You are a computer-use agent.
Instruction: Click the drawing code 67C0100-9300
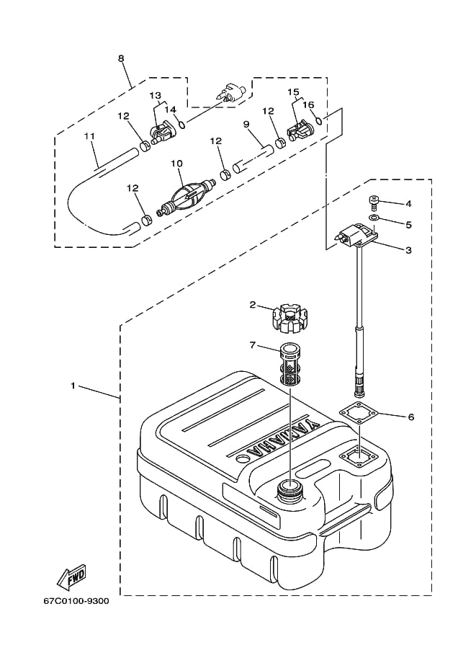point(76,602)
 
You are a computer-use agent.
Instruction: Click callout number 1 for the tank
point(93,386)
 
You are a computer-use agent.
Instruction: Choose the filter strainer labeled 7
point(289,366)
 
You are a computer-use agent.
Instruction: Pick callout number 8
point(121,57)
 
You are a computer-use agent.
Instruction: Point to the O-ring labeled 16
point(328,120)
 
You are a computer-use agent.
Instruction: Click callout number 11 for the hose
point(89,135)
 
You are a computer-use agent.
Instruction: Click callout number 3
point(408,250)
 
